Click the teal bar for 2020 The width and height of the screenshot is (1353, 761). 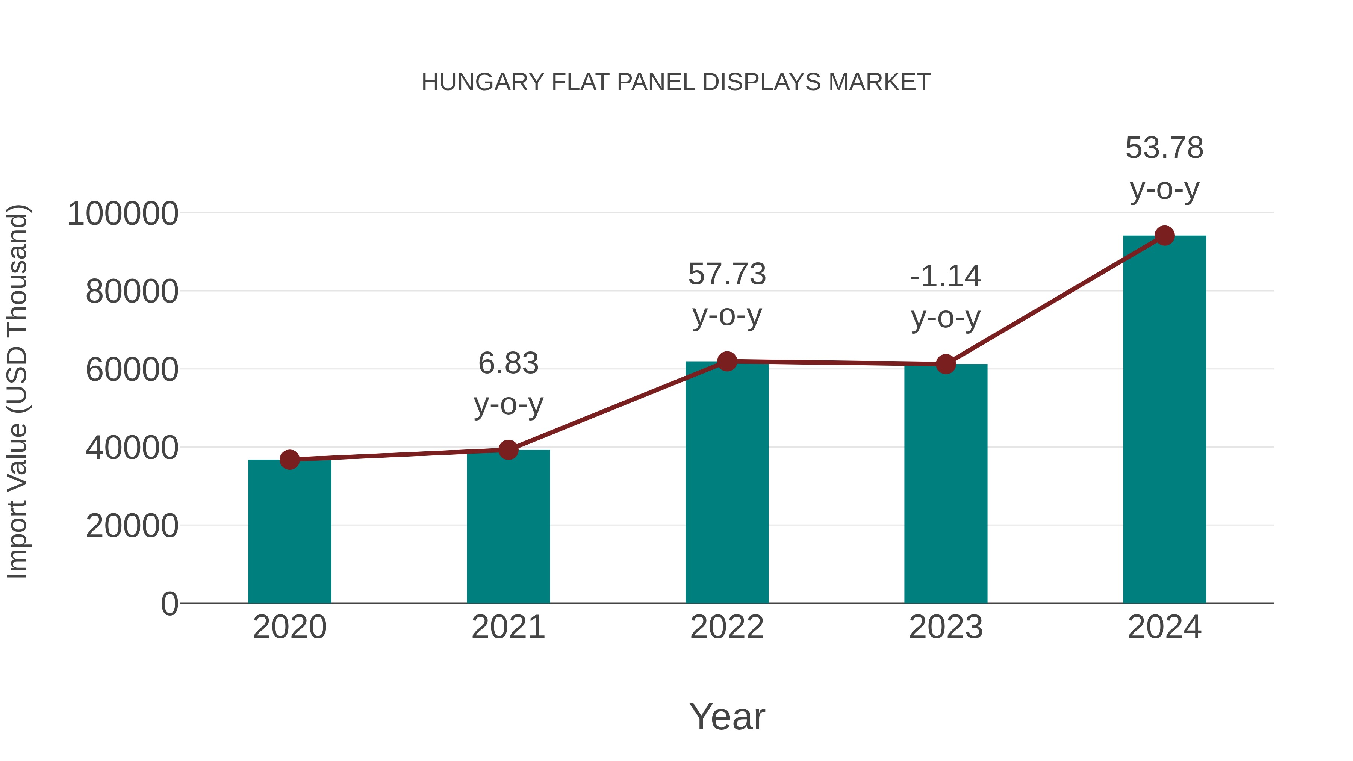click(289, 531)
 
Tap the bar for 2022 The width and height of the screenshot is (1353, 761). click(727, 482)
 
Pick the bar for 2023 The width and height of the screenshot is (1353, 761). click(946, 483)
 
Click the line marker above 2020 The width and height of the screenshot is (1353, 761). click(289, 460)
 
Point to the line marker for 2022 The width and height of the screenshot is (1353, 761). click(727, 361)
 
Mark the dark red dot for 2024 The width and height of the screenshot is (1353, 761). click(1164, 236)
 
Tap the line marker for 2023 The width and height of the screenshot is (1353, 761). click(946, 364)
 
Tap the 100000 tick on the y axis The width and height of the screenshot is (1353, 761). click(123, 214)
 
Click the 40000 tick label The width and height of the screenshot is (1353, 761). click(132, 448)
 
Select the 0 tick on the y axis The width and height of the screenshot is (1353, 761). click(170, 604)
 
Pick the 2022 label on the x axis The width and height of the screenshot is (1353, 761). click(727, 627)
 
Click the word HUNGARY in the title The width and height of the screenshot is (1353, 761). click(483, 82)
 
